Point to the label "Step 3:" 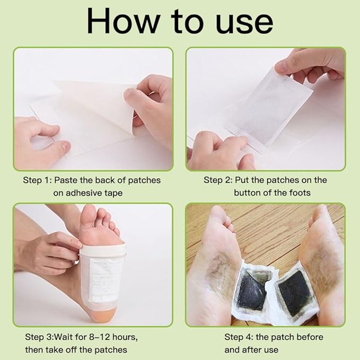coord(39,337)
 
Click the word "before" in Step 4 coord(310,337)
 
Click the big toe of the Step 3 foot coord(89,215)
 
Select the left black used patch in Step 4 coord(251,292)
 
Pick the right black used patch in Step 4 coord(292,293)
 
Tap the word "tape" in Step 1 coord(113,194)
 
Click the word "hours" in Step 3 coord(125,337)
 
